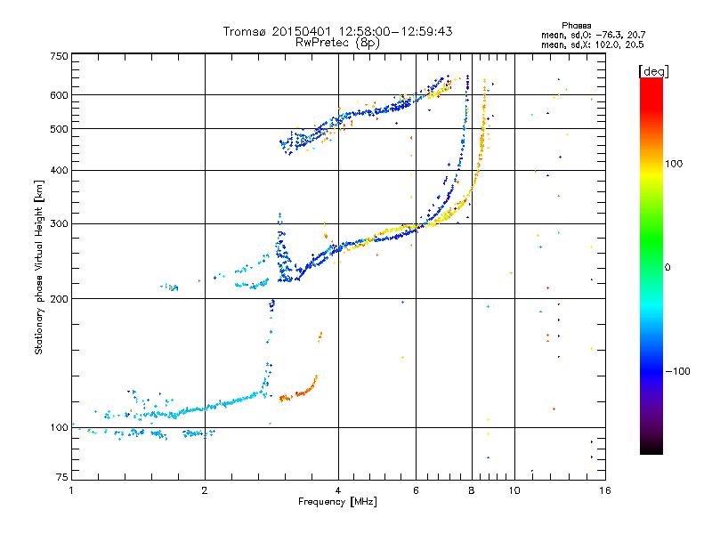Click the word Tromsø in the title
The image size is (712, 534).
coord(245,31)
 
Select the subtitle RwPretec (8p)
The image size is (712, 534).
coord(337,42)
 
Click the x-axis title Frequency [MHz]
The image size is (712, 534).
coord(337,502)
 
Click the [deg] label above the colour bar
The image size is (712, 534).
coord(654,70)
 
